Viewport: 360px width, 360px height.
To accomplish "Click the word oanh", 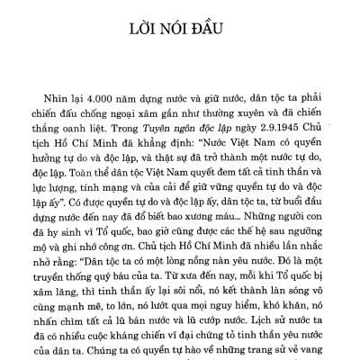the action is tap(91, 136).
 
